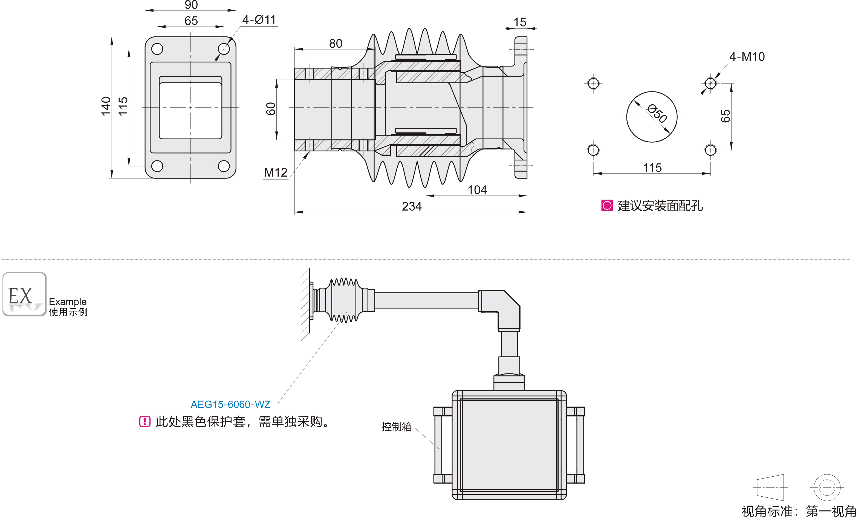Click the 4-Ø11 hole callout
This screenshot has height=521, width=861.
259,20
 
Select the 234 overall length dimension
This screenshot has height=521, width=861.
412,206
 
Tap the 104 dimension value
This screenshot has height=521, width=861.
477,190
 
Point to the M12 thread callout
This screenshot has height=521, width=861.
276,172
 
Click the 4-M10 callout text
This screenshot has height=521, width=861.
747,57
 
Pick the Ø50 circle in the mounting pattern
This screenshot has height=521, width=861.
652,117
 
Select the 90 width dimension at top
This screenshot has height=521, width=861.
191,5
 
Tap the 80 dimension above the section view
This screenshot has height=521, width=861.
336,43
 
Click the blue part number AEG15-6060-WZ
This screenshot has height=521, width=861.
230,405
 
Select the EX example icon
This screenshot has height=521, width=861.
24,294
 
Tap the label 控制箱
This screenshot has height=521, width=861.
396,427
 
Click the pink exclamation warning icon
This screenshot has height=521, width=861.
145,421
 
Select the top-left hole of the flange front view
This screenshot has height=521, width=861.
157,49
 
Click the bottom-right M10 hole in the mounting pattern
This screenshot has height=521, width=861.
710,150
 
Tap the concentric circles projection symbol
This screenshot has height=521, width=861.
827,487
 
